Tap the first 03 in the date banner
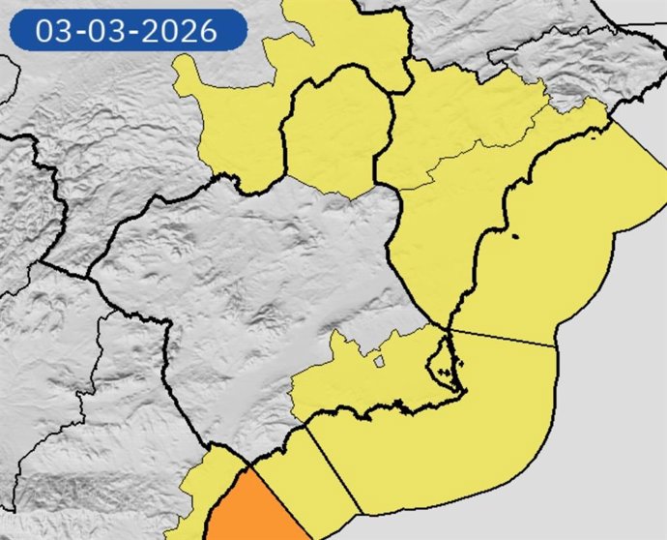click(x=54, y=31)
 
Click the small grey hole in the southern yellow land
click(x=379, y=362)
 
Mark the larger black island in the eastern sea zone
click(x=516, y=235)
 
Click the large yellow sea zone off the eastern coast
click(x=551, y=242)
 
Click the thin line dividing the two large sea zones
click(x=503, y=338)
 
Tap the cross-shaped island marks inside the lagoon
click(x=445, y=371)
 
